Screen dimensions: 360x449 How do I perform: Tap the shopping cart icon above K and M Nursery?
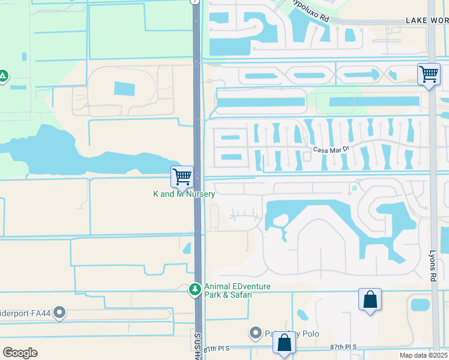182,177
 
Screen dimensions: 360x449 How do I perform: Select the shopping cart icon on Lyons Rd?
429,75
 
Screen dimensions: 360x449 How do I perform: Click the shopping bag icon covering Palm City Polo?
284,343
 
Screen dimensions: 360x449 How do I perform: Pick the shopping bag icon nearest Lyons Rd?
370,299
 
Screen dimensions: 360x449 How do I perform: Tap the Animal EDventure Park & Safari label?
237,290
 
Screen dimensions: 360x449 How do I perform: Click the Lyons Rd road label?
433,266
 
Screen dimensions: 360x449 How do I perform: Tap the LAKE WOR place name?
427,20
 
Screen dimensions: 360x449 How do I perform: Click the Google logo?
20,352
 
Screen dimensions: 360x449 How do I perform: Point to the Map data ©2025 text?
423,355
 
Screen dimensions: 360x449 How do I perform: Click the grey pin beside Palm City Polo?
255,333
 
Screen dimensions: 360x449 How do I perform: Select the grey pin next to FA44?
59,313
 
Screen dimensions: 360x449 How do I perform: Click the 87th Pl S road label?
343,347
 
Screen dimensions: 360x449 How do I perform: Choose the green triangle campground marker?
3,76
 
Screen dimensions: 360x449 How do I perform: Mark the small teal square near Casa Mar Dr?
354,188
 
